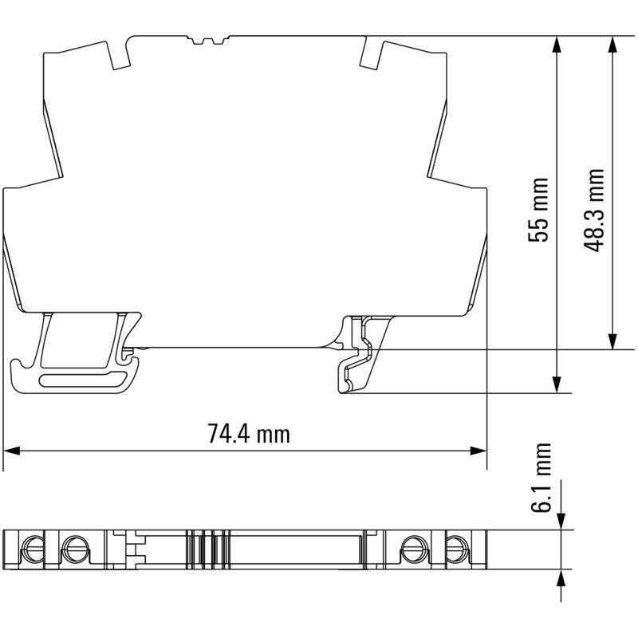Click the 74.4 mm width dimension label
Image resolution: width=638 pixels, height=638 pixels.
[249, 433]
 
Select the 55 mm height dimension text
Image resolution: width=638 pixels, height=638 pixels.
[538, 210]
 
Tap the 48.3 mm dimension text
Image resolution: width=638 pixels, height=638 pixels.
[593, 210]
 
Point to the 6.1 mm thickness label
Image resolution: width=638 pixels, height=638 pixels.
[541, 478]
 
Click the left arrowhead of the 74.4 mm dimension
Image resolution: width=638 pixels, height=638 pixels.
[11, 451]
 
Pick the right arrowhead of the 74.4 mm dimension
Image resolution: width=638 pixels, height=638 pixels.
[478, 451]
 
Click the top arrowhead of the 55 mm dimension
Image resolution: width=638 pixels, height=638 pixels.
[556, 45]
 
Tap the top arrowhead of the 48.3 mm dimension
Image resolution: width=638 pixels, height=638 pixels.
[612, 45]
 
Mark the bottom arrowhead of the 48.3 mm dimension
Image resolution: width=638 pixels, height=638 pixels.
[612, 341]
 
